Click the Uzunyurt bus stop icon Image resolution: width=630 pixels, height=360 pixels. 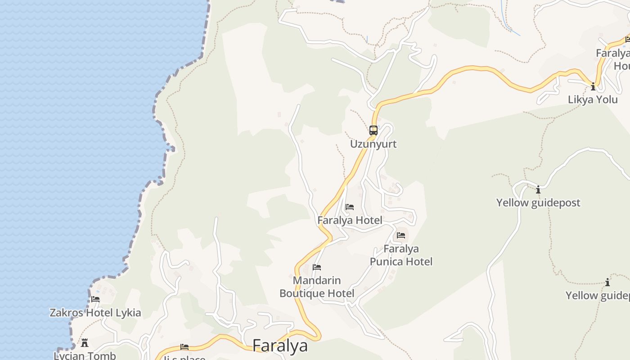[x=373, y=130]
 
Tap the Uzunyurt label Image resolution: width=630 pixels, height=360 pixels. [x=373, y=144]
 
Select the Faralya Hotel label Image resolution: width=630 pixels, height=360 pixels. [x=350, y=220]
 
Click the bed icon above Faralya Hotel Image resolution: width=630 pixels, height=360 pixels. [x=350, y=207]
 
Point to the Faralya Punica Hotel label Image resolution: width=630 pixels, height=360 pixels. [x=401, y=255]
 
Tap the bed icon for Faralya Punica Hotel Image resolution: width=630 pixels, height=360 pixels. [x=401, y=235]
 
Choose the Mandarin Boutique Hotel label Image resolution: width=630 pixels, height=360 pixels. [x=317, y=287]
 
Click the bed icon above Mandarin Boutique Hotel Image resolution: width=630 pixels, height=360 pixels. [x=317, y=267]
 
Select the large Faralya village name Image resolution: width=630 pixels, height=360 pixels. [x=280, y=346]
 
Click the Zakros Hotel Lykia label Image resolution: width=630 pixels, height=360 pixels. [x=95, y=313]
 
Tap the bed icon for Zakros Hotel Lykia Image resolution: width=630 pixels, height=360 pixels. [x=95, y=299]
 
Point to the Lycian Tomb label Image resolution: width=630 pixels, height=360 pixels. [x=85, y=355]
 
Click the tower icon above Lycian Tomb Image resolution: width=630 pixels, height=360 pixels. [x=85, y=343]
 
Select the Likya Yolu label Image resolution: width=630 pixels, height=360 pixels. [x=593, y=99]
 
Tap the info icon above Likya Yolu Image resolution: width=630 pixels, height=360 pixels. [x=593, y=86]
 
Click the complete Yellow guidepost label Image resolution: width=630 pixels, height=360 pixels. [x=538, y=202]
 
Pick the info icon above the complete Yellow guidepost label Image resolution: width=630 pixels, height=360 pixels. [x=538, y=189]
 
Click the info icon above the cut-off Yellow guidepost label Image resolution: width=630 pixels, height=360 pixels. [x=607, y=283]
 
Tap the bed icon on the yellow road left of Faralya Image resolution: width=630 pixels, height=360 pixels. [x=184, y=347]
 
